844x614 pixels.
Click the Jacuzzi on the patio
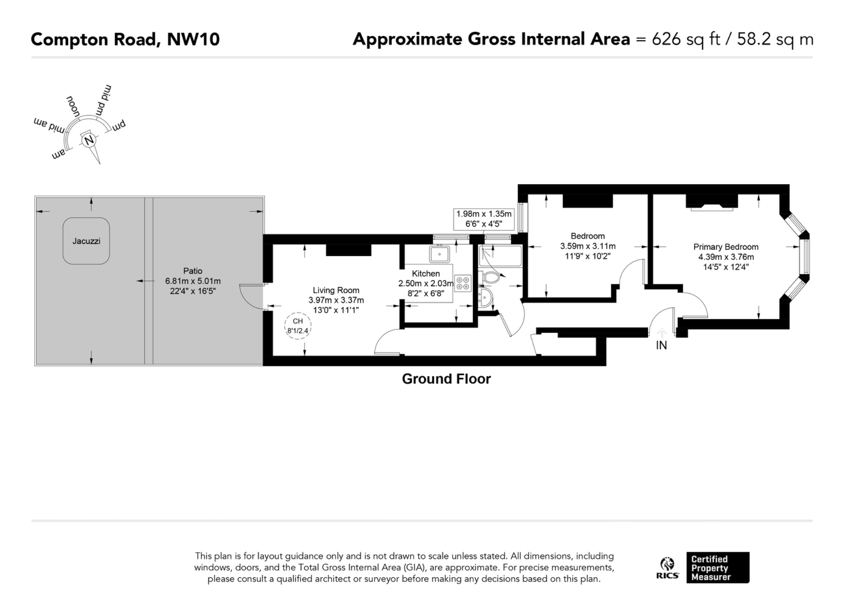pos(86,241)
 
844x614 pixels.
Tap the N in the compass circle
pos(89,140)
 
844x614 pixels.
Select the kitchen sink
pos(440,254)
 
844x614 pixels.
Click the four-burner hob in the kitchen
pos(463,283)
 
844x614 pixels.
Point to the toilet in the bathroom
pos(489,278)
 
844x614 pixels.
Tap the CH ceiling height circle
pos(298,326)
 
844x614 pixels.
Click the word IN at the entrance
pos(661,345)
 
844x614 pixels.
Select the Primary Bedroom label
pos(726,247)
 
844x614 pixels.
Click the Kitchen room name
pos(426,273)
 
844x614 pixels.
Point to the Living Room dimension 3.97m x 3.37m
pos(336,300)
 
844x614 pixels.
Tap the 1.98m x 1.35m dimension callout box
pos(484,219)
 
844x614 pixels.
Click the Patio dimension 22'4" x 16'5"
pos(193,291)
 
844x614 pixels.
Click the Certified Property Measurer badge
pos(718,567)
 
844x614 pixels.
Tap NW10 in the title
pos(193,40)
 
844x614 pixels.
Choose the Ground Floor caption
pos(446,379)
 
